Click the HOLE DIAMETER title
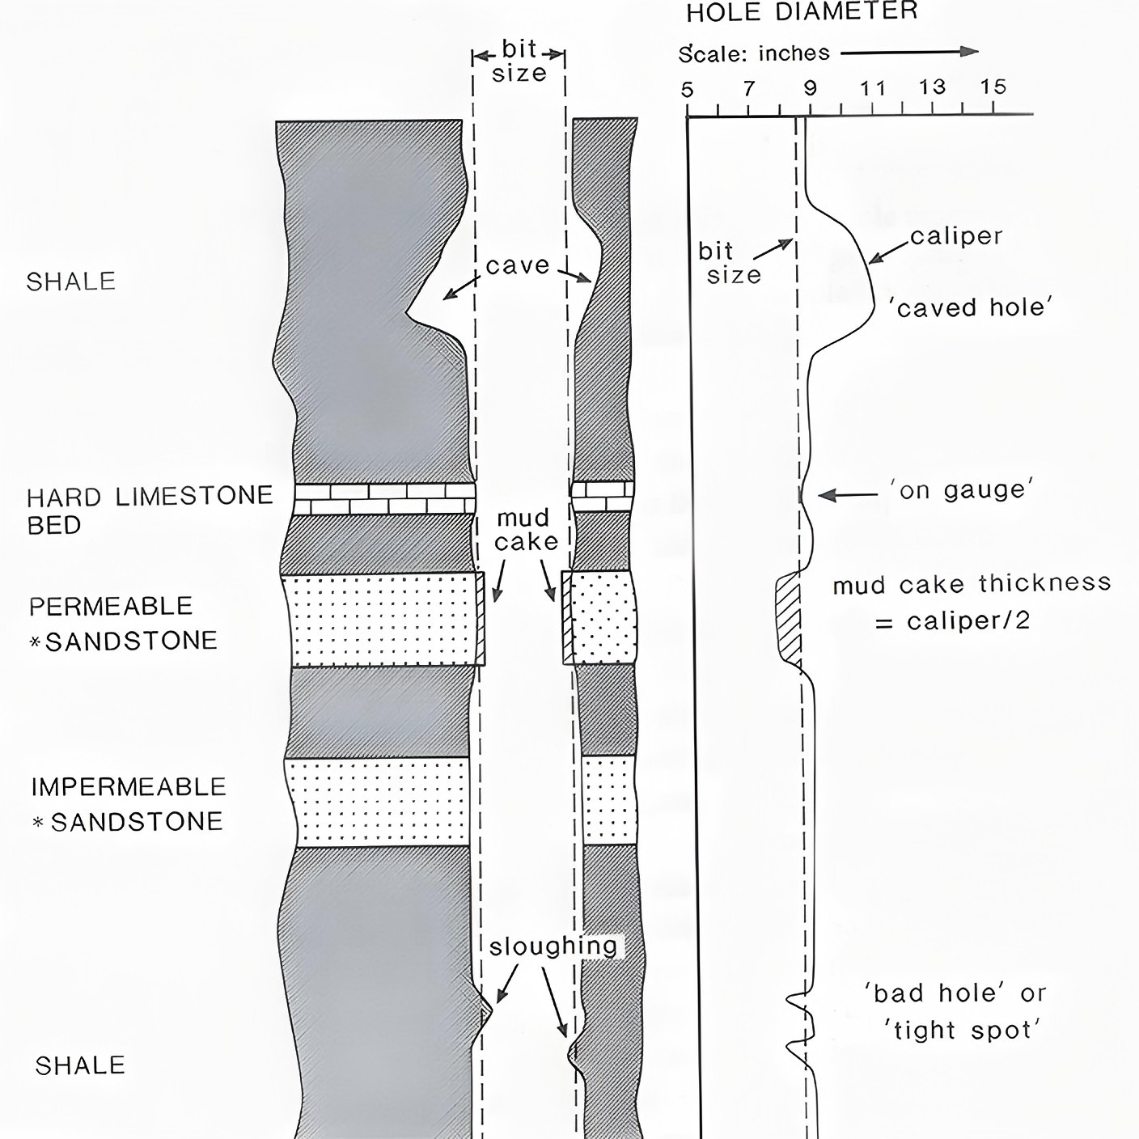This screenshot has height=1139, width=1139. point(802,12)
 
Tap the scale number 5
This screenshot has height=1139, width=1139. point(686,90)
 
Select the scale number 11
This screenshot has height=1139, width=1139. point(873,89)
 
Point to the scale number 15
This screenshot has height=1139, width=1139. point(993,87)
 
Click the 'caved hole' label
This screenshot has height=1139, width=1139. point(971,308)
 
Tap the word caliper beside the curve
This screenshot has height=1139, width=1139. point(956,236)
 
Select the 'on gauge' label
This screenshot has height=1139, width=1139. point(962,490)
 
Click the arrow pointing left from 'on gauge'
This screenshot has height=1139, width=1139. point(849,495)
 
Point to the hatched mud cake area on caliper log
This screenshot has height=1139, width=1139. point(789,619)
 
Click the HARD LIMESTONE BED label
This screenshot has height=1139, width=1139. point(150,510)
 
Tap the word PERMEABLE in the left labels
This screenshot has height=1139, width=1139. point(111,607)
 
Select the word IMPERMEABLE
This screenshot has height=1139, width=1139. point(129,787)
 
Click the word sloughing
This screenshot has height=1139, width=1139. point(553,946)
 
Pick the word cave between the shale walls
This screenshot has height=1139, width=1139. point(518,266)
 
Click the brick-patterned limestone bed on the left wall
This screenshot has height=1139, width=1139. point(385,498)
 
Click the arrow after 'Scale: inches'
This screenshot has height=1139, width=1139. point(909,52)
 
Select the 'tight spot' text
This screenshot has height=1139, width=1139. point(961,1031)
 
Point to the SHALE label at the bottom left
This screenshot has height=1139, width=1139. point(80,1065)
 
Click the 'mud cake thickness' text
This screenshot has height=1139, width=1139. point(972,584)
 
